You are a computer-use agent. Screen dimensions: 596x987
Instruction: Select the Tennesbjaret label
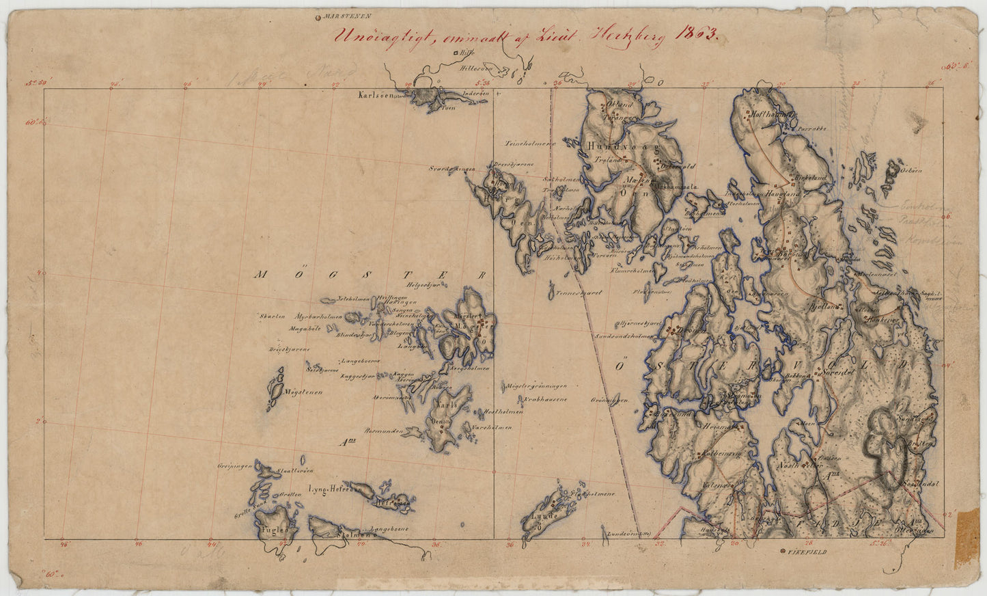pos(578,292)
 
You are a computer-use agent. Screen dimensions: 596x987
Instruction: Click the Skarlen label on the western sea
pos(270,316)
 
